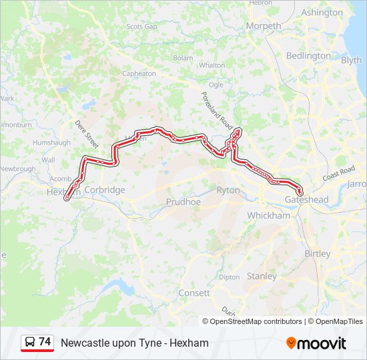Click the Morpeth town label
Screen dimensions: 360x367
[x=264, y=26]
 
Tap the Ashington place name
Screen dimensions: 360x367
[x=322, y=13]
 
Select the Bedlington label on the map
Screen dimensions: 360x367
[x=308, y=56]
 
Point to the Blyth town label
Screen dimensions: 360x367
[x=351, y=60]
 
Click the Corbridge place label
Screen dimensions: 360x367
[x=105, y=190]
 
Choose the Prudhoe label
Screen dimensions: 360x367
[x=183, y=201]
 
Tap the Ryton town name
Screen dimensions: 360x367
[x=228, y=191]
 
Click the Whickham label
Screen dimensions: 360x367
[x=269, y=215]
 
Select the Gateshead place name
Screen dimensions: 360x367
[x=307, y=200]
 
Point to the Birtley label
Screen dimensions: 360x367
[x=317, y=254]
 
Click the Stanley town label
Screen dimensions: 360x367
[x=262, y=276]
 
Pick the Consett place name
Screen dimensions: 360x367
[x=194, y=293]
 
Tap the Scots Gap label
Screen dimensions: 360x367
[x=141, y=27]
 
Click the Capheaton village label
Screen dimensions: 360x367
[x=139, y=74]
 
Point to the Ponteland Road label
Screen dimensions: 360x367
[x=216, y=110]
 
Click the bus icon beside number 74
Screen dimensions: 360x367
[x=30, y=342]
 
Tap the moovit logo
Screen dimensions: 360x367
[x=316, y=343]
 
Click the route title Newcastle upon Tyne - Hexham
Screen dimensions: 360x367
[x=135, y=343]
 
